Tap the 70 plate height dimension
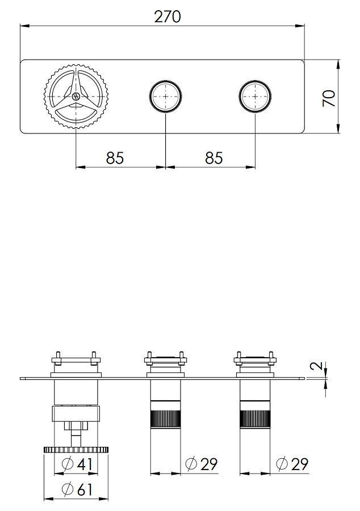tap(329, 98)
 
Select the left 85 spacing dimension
tap(115, 158)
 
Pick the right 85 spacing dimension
tap(214, 158)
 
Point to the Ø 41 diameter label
tap(77, 464)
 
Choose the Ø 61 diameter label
tap(77, 489)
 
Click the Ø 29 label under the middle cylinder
tap(201, 464)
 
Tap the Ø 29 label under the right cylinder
tap(292, 464)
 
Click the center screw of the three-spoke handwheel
tap(76, 97)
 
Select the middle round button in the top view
tap(165, 97)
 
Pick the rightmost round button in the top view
tap(256, 97)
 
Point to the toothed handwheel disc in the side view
tap(76, 450)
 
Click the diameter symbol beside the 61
tap(68, 489)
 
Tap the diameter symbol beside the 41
tap(68, 464)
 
